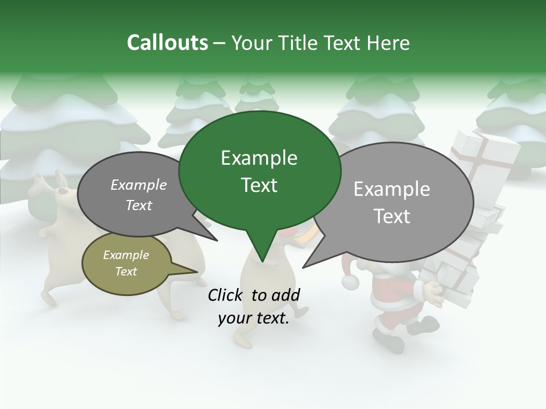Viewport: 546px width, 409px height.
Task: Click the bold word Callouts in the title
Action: point(167,43)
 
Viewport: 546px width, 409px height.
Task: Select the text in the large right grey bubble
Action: point(392,202)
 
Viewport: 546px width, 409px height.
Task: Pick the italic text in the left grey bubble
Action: point(139,195)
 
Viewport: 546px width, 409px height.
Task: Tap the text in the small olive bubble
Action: point(126,263)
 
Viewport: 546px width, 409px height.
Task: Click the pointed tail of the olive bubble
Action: point(196,272)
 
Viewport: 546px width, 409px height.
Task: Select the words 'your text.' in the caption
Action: point(254,319)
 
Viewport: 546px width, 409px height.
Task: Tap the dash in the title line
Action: point(220,44)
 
